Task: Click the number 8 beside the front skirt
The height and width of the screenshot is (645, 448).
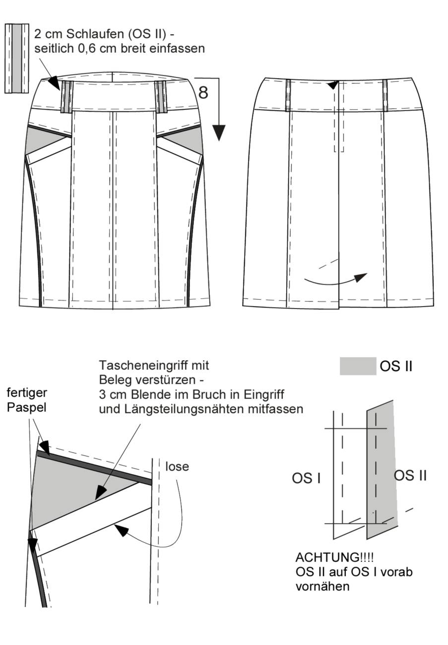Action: point(203,92)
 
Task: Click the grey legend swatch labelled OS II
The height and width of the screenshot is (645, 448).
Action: point(358,366)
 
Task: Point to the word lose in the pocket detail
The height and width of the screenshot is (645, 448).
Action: point(177,466)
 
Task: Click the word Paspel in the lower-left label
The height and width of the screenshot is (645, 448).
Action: point(26,408)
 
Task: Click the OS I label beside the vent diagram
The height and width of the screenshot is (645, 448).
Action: point(306,478)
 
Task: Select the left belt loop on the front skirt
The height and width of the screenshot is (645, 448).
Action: point(66,97)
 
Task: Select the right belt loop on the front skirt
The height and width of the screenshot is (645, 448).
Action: point(161,97)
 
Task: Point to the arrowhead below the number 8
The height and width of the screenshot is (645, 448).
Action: point(219,133)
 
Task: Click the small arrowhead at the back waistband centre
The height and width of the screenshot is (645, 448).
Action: point(333,85)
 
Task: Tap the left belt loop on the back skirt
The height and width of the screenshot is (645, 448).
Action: point(288,96)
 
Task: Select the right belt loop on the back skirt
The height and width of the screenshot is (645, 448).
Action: point(385,96)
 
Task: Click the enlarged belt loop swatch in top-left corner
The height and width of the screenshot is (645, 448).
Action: point(17,59)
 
